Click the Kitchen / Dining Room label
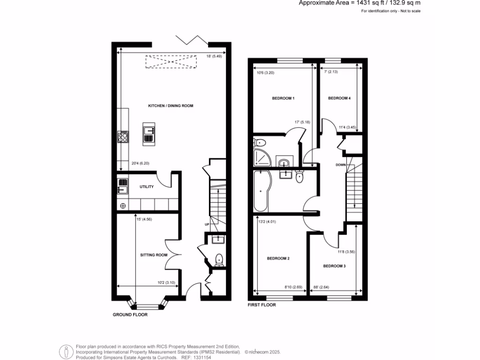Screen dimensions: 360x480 [171, 106]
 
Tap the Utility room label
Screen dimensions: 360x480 [146, 187]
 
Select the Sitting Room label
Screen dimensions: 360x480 [154, 255]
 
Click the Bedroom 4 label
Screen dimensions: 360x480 [339, 98]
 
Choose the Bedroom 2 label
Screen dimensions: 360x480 [278, 258]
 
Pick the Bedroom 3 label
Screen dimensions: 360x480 [334, 266]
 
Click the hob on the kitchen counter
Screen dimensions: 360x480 [123, 137]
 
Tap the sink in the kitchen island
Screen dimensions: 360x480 [150, 131]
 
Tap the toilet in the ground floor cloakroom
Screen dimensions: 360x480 [218, 259]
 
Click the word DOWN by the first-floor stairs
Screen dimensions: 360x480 [341, 165]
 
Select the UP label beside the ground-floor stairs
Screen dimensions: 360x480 [206, 225]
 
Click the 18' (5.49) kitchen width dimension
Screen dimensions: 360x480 [214, 57]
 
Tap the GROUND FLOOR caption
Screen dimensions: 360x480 [130, 315]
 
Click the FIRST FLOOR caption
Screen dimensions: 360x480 [262, 305]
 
